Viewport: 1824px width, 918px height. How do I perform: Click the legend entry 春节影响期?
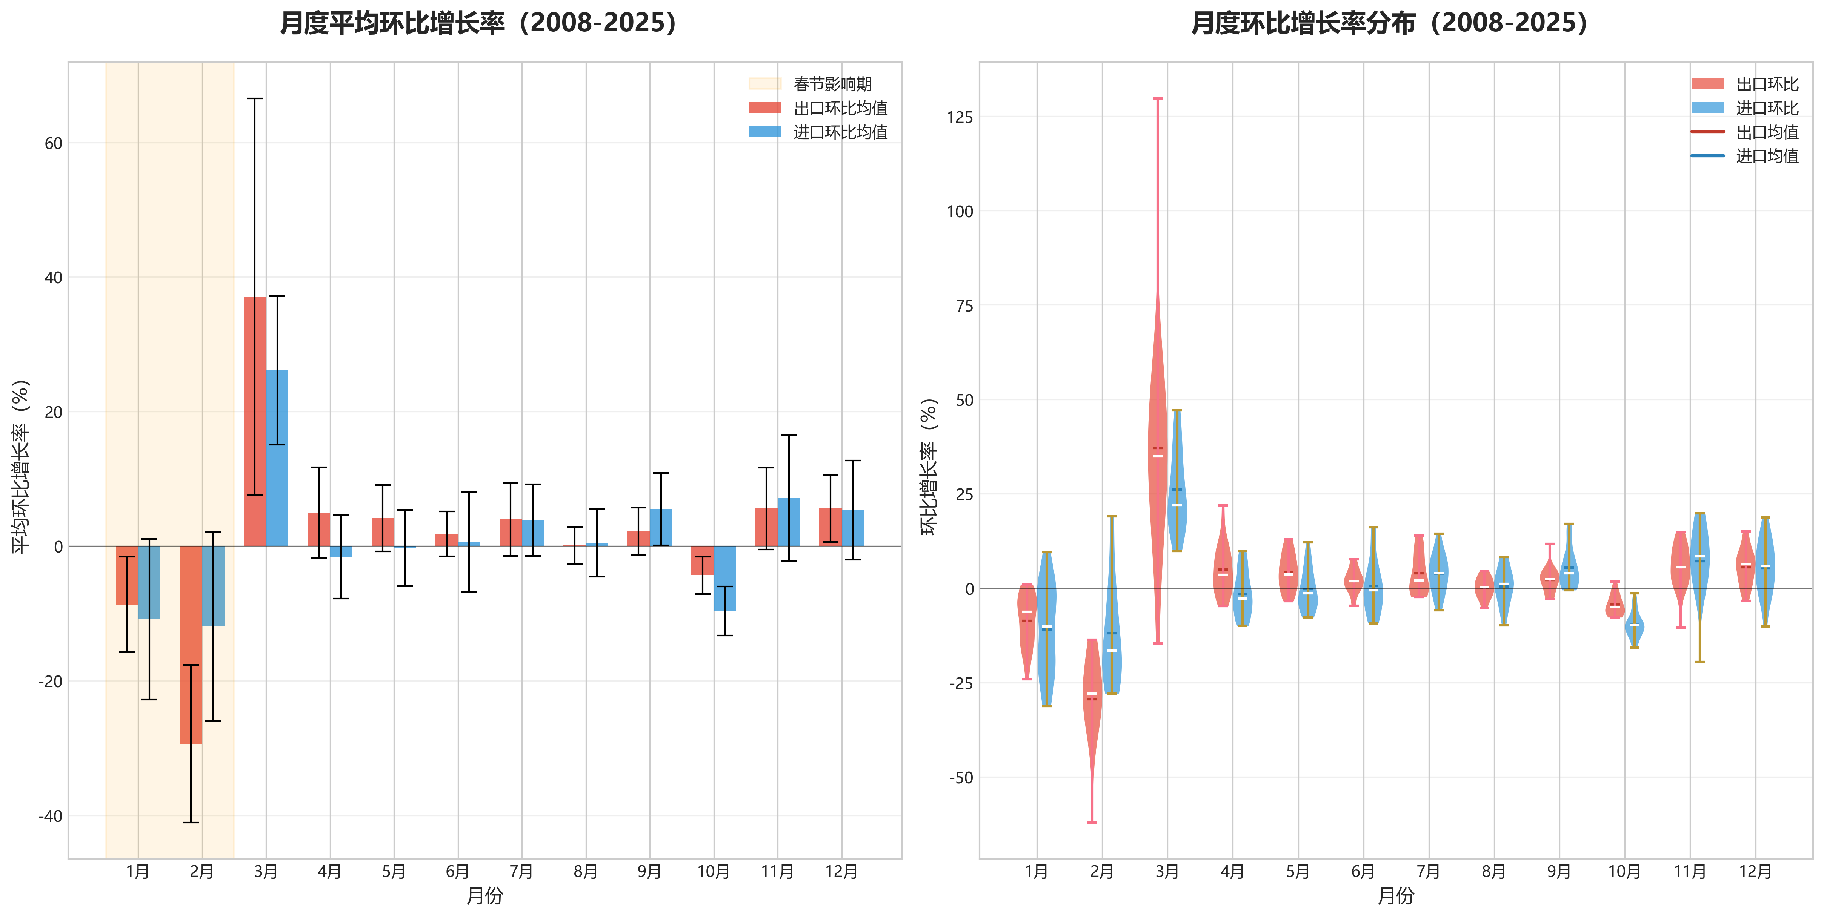(832, 84)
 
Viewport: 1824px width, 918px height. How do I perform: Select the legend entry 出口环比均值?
(840, 108)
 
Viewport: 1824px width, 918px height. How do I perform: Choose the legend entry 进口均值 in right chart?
(1767, 156)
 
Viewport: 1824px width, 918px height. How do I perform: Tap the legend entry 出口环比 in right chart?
(1767, 84)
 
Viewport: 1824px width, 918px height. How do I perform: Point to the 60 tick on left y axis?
(53, 143)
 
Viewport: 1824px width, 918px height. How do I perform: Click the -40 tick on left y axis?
(50, 816)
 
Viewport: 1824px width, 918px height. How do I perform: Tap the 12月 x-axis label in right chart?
(1755, 871)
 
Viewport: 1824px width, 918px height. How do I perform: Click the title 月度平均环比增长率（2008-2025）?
(479, 23)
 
